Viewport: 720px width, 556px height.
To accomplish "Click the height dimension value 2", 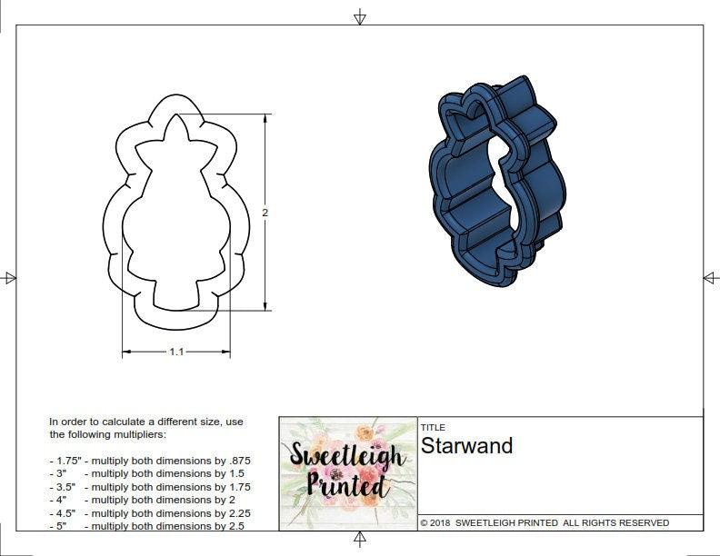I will point(265,213).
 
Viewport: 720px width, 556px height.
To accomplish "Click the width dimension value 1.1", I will point(176,352).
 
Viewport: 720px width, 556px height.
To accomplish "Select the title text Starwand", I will point(466,446).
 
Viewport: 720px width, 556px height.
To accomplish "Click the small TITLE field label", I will point(433,427).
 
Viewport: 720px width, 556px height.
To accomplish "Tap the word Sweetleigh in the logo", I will point(346,455).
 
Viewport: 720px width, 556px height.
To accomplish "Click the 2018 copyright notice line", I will point(545,522).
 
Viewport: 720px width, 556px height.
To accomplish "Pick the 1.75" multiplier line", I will point(150,461).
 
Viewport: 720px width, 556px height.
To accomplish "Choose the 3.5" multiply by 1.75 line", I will point(150,487).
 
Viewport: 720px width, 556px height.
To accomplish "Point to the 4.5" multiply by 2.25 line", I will point(150,512).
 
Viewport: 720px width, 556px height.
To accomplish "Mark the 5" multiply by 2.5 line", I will point(146,526).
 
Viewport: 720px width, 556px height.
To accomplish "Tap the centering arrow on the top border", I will point(360,16).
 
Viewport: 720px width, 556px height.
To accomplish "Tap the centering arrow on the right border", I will point(710,277).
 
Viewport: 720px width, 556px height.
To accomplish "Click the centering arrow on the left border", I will point(9,277).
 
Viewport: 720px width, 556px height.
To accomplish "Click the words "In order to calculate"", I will point(100,422).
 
